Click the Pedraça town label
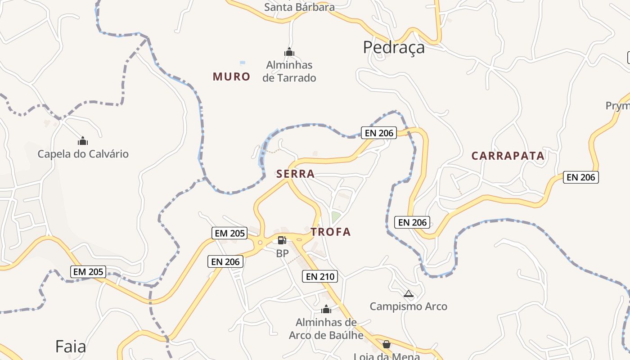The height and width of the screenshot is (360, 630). pyautogui.click(x=394, y=47)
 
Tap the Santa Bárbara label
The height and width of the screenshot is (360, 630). pyautogui.click(x=299, y=7)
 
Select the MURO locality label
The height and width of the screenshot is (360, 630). pyautogui.click(x=231, y=76)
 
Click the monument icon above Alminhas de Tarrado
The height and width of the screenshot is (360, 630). pyautogui.click(x=289, y=52)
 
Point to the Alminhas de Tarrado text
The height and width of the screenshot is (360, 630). pyautogui.click(x=289, y=71)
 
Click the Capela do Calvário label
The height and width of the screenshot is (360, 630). pyautogui.click(x=83, y=154)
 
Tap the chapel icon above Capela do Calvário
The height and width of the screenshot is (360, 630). pyautogui.click(x=82, y=141)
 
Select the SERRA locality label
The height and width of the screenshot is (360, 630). pyautogui.click(x=295, y=174)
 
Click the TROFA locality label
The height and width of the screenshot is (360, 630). pyautogui.click(x=330, y=232)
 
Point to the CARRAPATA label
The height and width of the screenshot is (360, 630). pyautogui.click(x=508, y=156)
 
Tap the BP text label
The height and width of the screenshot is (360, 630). pyautogui.click(x=282, y=253)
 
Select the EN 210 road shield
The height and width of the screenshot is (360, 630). pyautogui.click(x=320, y=276)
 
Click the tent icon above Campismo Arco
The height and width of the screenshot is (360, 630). pyautogui.click(x=408, y=294)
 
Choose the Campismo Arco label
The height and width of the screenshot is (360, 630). pyautogui.click(x=408, y=306)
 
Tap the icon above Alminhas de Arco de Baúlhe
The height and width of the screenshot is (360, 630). pyautogui.click(x=326, y=309)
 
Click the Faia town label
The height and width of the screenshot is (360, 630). pyautogui.click(x=71, y=346)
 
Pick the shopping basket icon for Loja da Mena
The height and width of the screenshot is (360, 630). pyautogui.click(x=386, y=344)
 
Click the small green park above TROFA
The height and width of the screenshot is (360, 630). pyautogui.click(x=336, y=217)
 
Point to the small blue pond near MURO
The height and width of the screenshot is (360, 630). pyautogui.click(x=243, y=63)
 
